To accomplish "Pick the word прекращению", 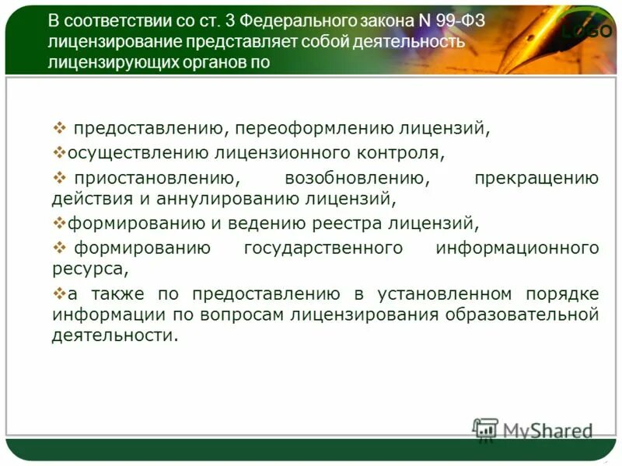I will coord(536,179).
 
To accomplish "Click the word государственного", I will coord(323,249).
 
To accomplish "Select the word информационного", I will coord(517,249).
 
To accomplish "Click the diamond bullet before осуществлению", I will coord(59,151).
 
